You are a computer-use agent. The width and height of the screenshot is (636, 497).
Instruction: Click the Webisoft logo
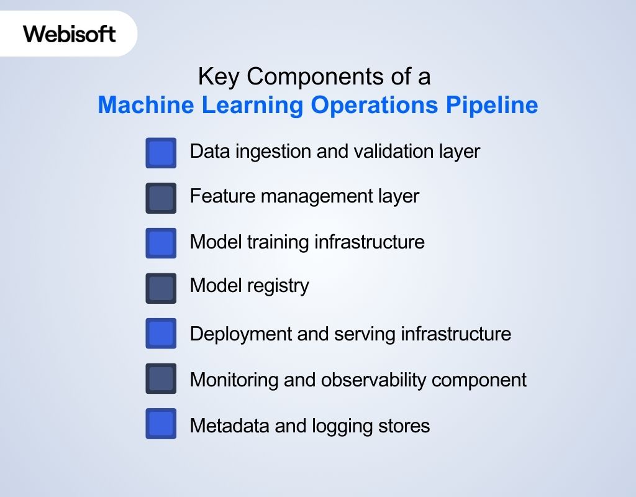point(70,33)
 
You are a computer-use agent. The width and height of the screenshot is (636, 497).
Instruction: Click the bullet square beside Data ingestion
point(161,153)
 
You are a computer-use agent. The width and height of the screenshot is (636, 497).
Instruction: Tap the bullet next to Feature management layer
point(161,198)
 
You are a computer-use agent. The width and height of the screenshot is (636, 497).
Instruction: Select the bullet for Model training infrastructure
point(161,243)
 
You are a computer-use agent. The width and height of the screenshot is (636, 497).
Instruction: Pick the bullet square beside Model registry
point(161,288)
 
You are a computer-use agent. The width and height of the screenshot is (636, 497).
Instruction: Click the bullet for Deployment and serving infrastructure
point(161,334)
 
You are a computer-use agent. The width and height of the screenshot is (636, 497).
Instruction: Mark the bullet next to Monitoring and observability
point(161,379)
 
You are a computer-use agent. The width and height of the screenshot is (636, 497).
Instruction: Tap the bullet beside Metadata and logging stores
point(161,424)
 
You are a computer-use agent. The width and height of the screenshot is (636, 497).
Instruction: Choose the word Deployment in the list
point(241,334)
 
